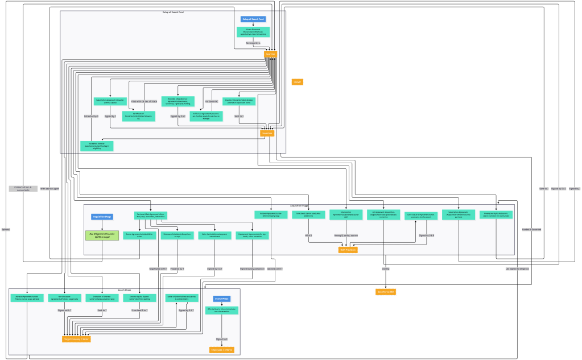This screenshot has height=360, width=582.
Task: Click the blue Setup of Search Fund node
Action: (253, 19)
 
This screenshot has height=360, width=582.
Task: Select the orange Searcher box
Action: (270, 54)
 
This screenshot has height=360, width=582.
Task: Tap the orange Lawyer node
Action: (297, 82)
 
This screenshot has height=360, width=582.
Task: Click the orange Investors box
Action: (267, 133)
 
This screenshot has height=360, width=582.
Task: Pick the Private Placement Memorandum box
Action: (253, 32)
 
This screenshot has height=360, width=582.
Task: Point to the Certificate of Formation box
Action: (139, 116)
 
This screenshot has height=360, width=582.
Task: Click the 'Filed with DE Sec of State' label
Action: (144, 101)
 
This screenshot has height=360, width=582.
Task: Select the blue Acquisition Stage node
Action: (102, 217)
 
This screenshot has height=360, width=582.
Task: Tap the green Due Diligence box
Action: (102, 235)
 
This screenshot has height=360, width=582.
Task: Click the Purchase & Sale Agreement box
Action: (151, 215)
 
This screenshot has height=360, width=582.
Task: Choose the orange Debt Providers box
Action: (348, 249)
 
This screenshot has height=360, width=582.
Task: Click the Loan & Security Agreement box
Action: (420, 216)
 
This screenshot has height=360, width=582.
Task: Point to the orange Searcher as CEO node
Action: (386, 292)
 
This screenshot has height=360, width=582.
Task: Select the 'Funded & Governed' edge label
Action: (532, 229)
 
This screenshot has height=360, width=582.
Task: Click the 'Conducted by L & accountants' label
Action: (23, 188)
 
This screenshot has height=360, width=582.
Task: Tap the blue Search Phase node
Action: (221, 299)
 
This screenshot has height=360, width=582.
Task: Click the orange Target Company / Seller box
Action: (76, 339)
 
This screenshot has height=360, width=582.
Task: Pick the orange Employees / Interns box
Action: (221, 350)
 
